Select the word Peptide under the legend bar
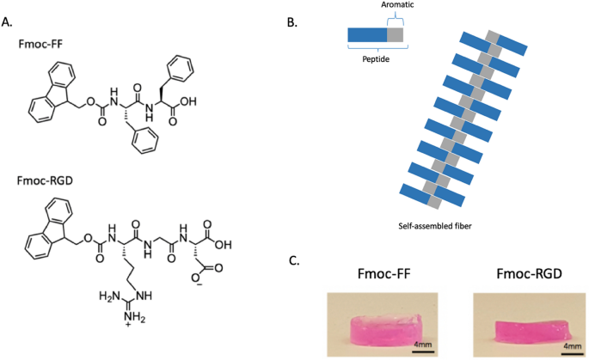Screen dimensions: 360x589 pyautogui.click(x=368, y=62)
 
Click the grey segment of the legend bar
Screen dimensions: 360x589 pyautogui.click(x=395, y=35)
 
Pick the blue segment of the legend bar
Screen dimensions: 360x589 pyautogui.click(x=367, y=35)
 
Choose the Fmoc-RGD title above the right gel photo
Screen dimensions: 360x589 pyautogui.click(x=527, y=277)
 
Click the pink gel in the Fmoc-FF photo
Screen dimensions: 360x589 pyautogui.click(x=383, y=327)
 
